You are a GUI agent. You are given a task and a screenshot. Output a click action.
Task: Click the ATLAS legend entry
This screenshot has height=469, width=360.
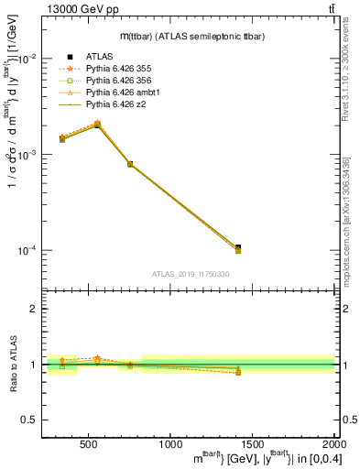click(x=99, y=57)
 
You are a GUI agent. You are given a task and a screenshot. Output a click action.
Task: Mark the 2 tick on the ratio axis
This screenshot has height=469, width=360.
click(x=34, y=309)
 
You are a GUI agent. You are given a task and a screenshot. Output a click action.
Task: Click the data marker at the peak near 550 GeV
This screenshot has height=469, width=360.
click(x=97, y=125)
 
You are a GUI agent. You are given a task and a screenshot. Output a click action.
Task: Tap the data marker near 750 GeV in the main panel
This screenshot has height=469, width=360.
click(x=130, y=164)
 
